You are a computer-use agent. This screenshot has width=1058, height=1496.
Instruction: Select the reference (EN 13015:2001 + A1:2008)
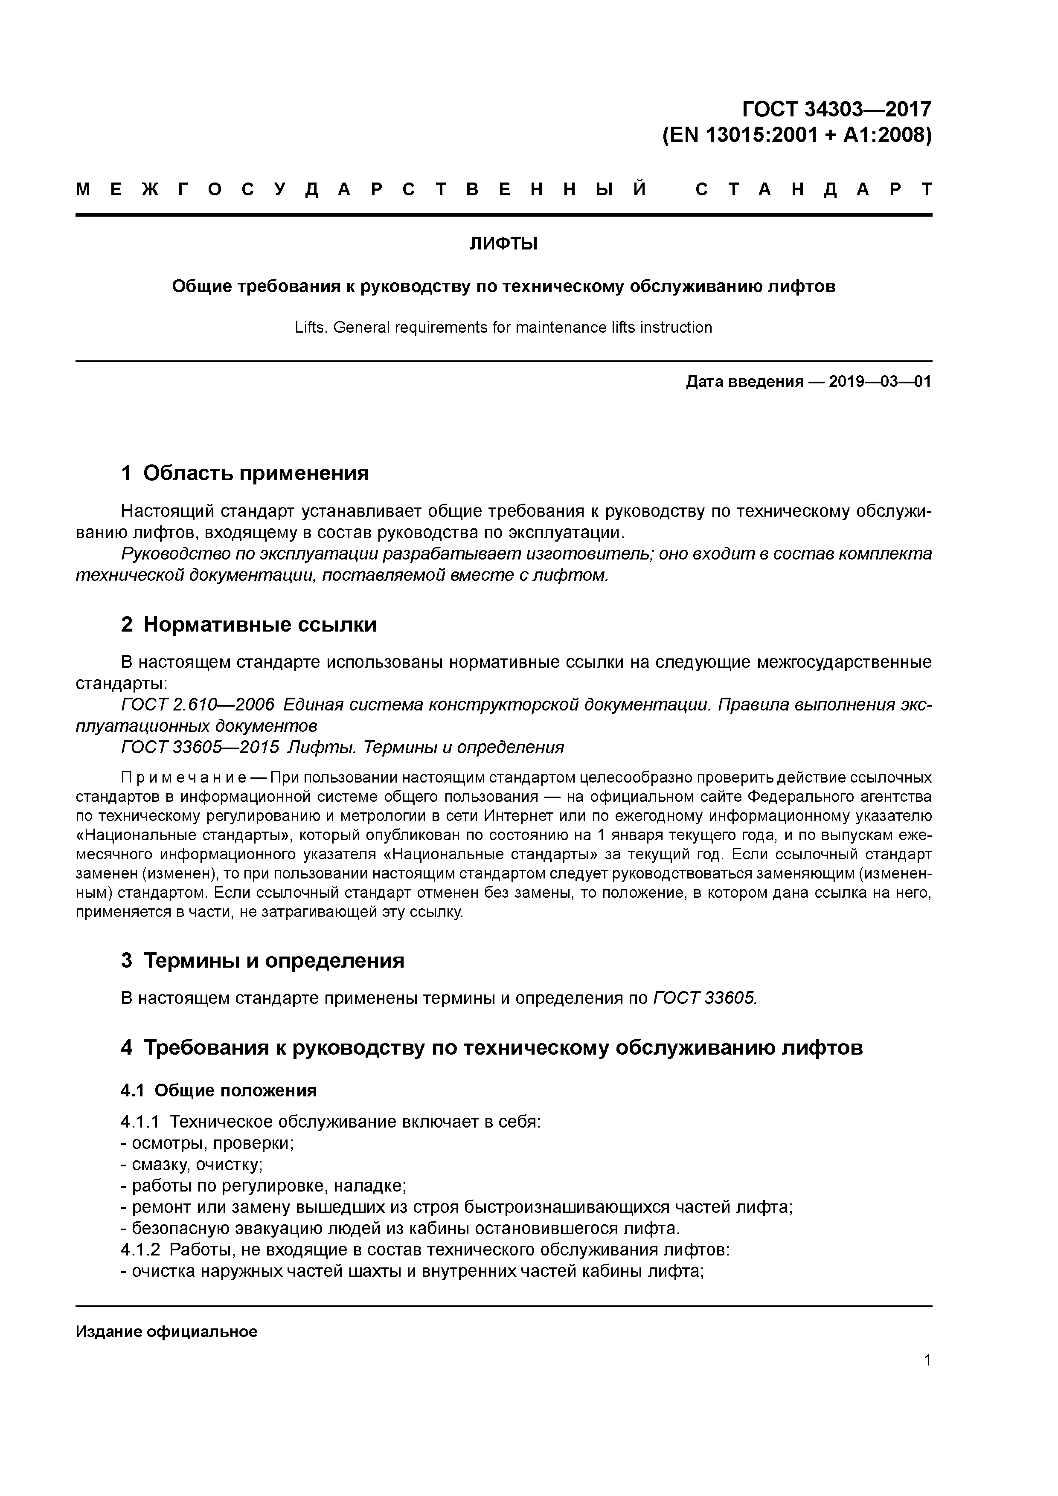click(x=796, y=136)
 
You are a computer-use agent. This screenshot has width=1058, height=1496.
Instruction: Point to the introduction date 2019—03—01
click(x=880, y=382)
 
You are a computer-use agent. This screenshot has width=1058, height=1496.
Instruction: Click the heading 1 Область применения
click(x=245, y=473)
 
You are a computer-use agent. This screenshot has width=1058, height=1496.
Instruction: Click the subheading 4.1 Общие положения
click(x=218, y=1091)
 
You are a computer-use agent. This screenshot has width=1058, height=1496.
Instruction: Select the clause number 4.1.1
click(x=140, y=1122)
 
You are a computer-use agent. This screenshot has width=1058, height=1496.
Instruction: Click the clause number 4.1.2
click(x=140, y=1250)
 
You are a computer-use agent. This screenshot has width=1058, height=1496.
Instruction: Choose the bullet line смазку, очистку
click(x=197, y=1164)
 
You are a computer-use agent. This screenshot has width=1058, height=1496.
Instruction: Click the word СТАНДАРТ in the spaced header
click(x=814, y=190)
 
